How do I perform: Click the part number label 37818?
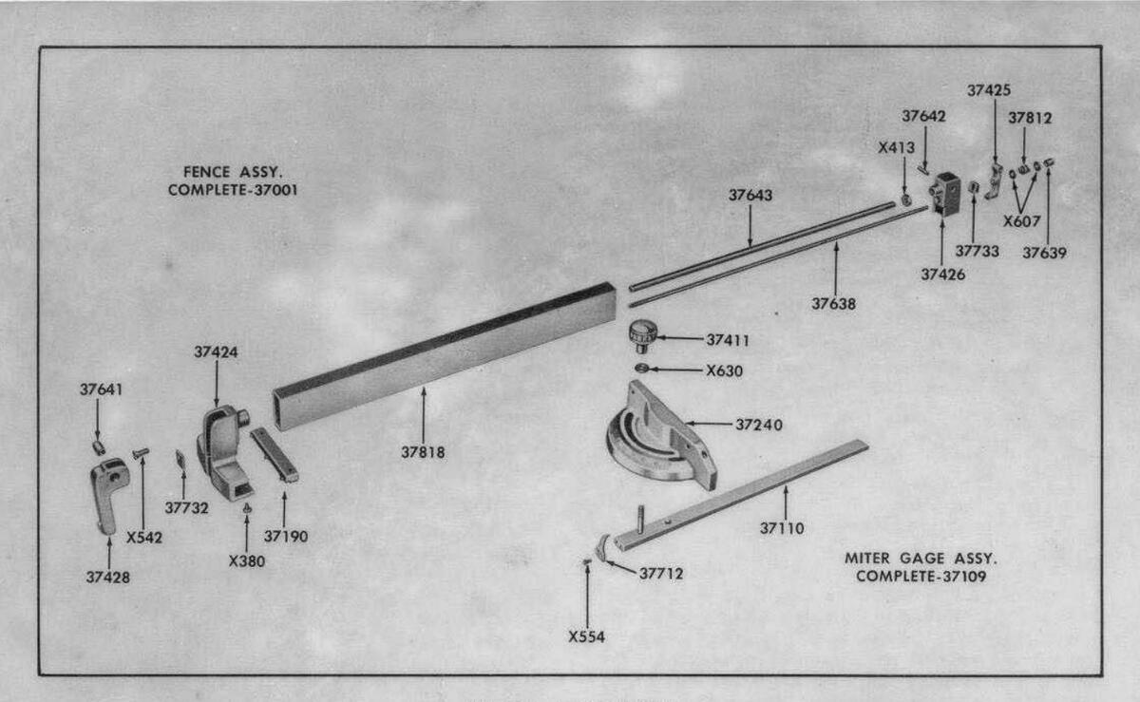423,452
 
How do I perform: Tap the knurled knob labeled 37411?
641,335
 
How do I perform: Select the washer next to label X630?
642,369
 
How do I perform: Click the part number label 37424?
216,351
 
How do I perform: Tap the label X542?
144,537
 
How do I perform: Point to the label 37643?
750,195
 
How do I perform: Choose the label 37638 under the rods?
833,304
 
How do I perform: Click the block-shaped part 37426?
946,194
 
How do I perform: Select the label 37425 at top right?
989,90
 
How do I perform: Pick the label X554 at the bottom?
586,637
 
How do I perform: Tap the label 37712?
660,573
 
